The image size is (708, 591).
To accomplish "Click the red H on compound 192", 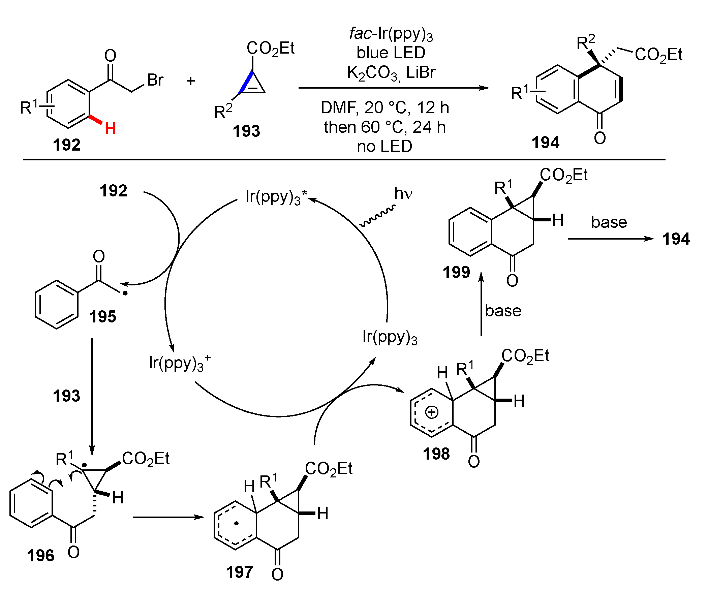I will [110, 128].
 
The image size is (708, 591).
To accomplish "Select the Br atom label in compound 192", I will [155, 80].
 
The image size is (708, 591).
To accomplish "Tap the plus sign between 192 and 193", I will [191, 81].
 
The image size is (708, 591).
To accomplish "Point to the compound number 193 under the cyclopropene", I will [246, 131].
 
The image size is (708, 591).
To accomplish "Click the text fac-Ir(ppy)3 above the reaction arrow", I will [391, 34].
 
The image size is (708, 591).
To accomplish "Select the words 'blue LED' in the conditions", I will [391, 53].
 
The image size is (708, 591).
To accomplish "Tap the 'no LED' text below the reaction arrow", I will [385, 146].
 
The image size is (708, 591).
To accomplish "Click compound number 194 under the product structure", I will [546, 142].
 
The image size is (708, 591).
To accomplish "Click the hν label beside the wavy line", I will [403, 193].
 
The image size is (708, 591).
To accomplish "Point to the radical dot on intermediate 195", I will [125, 293].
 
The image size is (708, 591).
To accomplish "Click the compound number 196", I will [40, 556].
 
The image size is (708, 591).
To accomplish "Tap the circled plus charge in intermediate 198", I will [432, 412].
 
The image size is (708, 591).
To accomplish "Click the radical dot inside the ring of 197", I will [237, 524].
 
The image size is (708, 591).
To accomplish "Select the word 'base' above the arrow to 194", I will [609, 222].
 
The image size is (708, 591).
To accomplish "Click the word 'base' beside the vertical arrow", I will [503, 311].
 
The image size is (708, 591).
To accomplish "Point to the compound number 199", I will [456, 272].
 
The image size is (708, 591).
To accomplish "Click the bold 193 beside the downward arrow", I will [66, 396].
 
